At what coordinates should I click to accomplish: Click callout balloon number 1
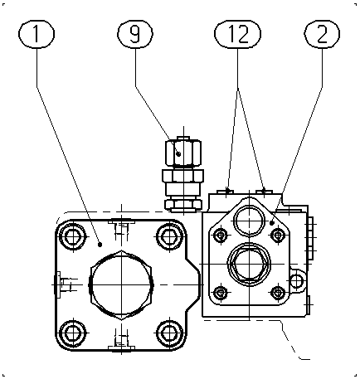[x=36, y=34]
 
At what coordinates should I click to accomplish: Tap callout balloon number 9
[x=135, y=34]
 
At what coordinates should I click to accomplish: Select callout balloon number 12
[x=237, y=34]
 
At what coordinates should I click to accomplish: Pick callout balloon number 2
[x=322, y=34]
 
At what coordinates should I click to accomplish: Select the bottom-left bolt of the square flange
[x=73, y=333]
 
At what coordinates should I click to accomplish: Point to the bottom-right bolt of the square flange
[x=168, y=333]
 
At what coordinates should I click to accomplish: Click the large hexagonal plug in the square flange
[x=121, y=284]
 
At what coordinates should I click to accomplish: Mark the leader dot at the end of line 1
[x=100, y=245]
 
